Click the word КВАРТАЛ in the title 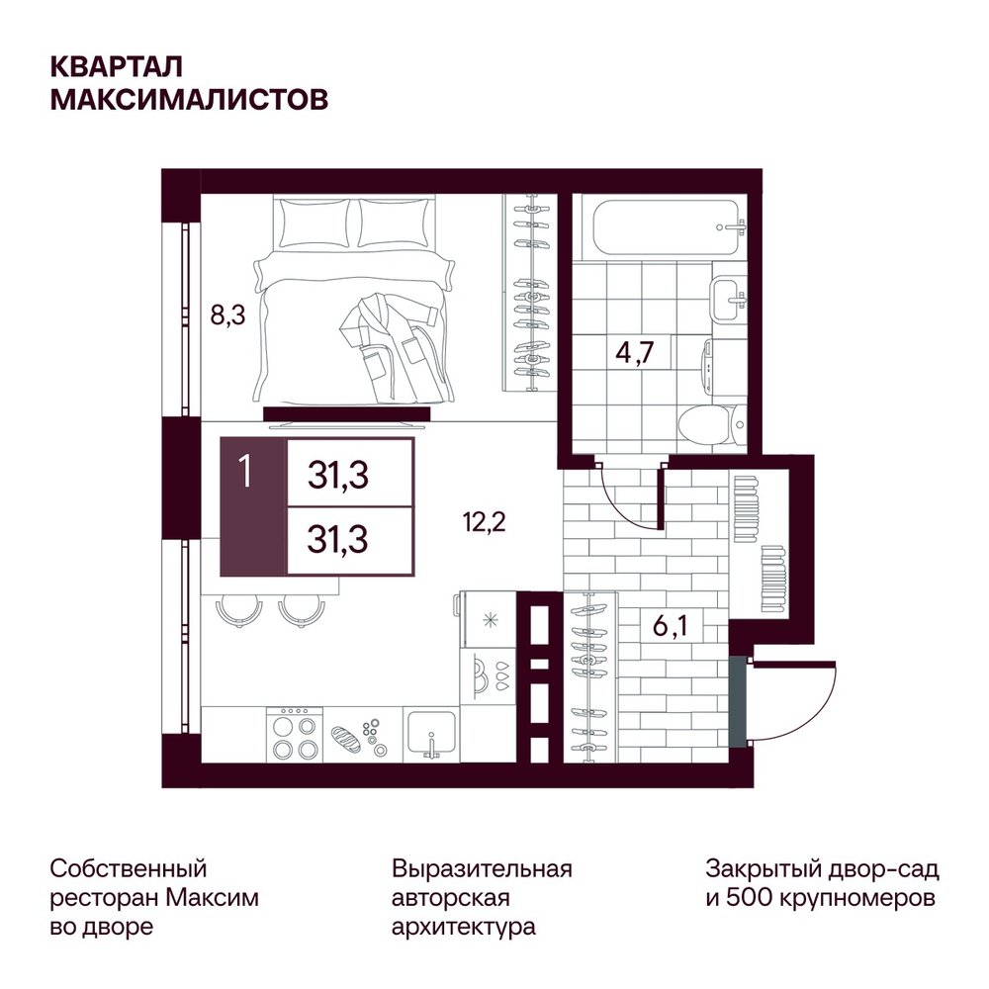tap(117, 67)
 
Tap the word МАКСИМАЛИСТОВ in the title tap(189, 100)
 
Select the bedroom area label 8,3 tap(227, 315)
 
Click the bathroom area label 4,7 tap(635, 352)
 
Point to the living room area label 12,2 tap(485, 522)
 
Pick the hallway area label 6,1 tap(670, 626)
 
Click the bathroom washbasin tap(730, 299)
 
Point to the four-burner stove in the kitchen tap(294, 735)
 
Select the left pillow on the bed tap(315, 224)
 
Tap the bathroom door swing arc tap(624, 498)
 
